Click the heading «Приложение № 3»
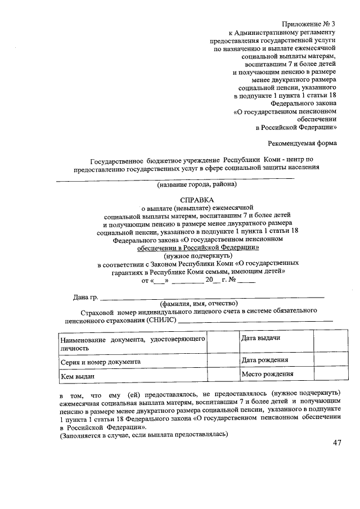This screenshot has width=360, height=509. click(x=309, y=24)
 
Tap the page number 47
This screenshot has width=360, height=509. click(x=337, y=443)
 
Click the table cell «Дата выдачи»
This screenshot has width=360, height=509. click(x=261, y=337)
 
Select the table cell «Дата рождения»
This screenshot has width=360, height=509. click(x=264, y=360)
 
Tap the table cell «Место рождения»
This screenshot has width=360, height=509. click(x=267, y=374)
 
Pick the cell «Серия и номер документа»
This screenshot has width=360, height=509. click(x=101, y=362)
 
